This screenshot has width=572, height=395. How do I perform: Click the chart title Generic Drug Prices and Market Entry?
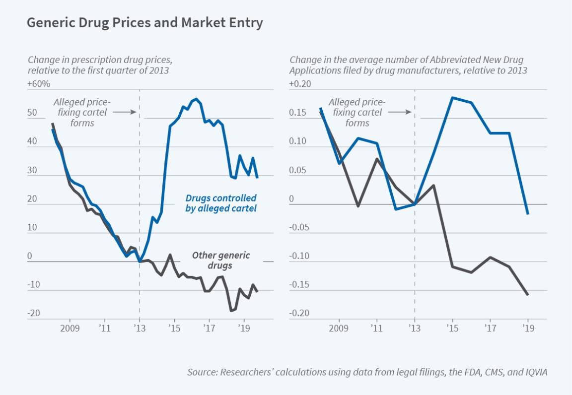click(x=144, y=23)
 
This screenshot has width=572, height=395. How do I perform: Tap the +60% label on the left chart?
click(x=39, y=84)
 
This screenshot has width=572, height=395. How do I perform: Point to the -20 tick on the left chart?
click(x=34, y=313)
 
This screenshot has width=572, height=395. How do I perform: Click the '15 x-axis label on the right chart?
click(x=452, y=329)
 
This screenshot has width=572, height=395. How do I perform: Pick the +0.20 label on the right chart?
click(x=300, y=84)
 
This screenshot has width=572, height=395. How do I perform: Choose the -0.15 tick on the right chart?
click(x=299, y=285)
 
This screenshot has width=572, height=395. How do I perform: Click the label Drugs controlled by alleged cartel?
click(x=221, y=203)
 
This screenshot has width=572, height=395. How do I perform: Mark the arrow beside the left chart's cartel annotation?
click(x=124, y=112)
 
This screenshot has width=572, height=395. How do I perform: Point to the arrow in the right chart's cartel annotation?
click(x=400, y=112)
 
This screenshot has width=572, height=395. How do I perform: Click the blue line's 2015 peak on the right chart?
click(x=452, y=97)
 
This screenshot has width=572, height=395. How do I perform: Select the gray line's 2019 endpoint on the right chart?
click(x=527, y=295)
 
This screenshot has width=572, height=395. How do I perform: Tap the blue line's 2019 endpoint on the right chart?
click(x=527, y=214)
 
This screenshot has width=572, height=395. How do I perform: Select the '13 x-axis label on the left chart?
click(x=140, y=329)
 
